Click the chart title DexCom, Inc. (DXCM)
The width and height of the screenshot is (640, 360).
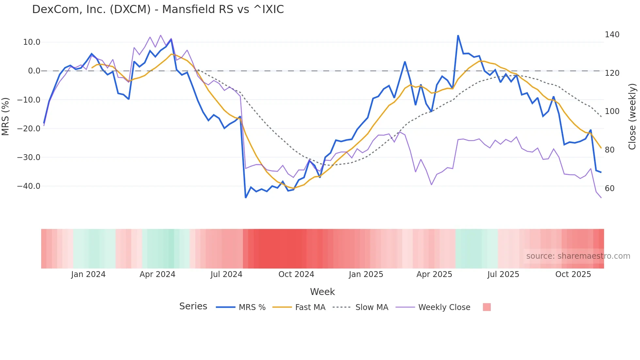(x=158, y=9)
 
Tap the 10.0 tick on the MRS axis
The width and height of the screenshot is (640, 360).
(x=31, y=42)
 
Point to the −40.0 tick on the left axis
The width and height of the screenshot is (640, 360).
(x=29, y=186)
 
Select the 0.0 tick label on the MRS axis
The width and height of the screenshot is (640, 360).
(x=34, y=71)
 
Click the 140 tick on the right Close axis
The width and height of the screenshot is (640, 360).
(x=612, y=35)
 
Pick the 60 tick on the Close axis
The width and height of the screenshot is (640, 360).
(x=609, y=188)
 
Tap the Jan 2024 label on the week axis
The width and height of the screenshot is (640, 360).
(x=88, y=274)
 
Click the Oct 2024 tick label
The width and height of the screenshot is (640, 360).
(x=296, y=274)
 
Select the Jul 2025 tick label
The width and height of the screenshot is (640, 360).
(x=503, y=274)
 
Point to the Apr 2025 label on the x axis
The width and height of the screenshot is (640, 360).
(x=434, y=274)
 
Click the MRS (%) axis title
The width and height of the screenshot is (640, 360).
(x=6, y=117)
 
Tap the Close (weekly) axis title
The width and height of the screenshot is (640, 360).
(x=632, y=117)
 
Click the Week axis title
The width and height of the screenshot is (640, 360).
(x=322, y=292)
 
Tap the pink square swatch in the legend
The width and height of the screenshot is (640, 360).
(x=487, y=307)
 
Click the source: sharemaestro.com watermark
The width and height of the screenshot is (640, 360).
(x=578, y=256)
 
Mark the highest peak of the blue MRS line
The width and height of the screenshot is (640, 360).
(x=458, y=35)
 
